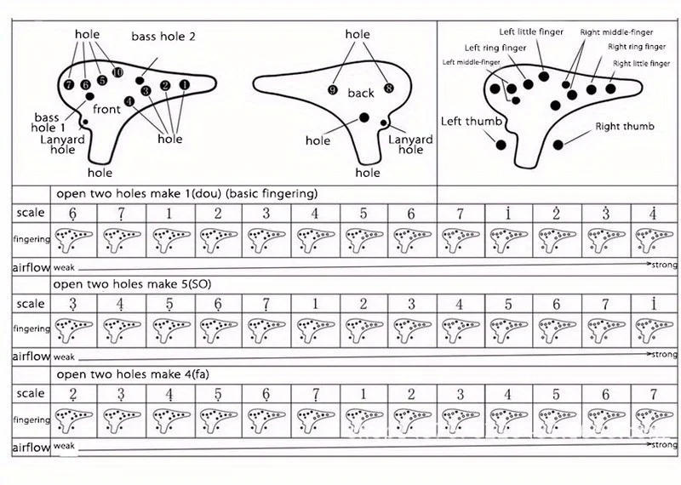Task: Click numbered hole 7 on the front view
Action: (x=69, y=84)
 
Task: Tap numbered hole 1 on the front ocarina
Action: (x=184, y=84)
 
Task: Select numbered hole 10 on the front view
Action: (x=117, y=72)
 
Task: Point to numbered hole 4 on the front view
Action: (x=129, y=101)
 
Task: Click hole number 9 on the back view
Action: (x=334, y=89)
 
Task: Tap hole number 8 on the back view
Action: (x=389, y=88)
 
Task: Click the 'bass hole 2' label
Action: (x=163, y=37)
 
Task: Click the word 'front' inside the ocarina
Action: (x=106, y=109)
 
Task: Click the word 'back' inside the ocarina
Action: (x=361, y=93)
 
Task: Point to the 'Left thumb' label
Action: (x=471, y=122)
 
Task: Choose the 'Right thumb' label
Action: (x=625, y=127)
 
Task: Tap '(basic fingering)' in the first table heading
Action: (x=272, y=193)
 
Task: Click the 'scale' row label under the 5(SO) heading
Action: (x=31, y=304)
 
